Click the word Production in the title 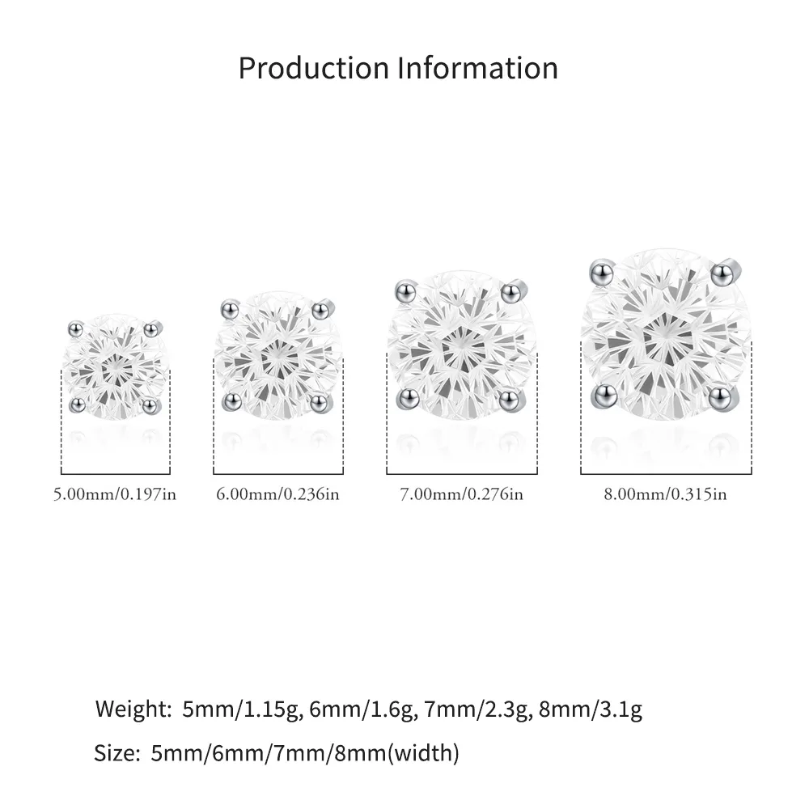point(314,68)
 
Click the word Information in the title point(478,68)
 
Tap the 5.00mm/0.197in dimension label point(115,494)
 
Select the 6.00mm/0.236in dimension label point(278,494)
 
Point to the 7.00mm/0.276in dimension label point(462,494)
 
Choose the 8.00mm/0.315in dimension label point(666,494)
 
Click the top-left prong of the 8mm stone point(602,273)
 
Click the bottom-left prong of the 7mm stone point(408,398)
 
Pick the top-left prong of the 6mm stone point(230,310)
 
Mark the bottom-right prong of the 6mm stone point(320,402)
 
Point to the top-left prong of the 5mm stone point(76,328)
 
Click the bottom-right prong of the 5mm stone point(150,405)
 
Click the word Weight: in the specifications point(133,709)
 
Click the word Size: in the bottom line point(117,753)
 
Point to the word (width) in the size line point(424,753)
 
